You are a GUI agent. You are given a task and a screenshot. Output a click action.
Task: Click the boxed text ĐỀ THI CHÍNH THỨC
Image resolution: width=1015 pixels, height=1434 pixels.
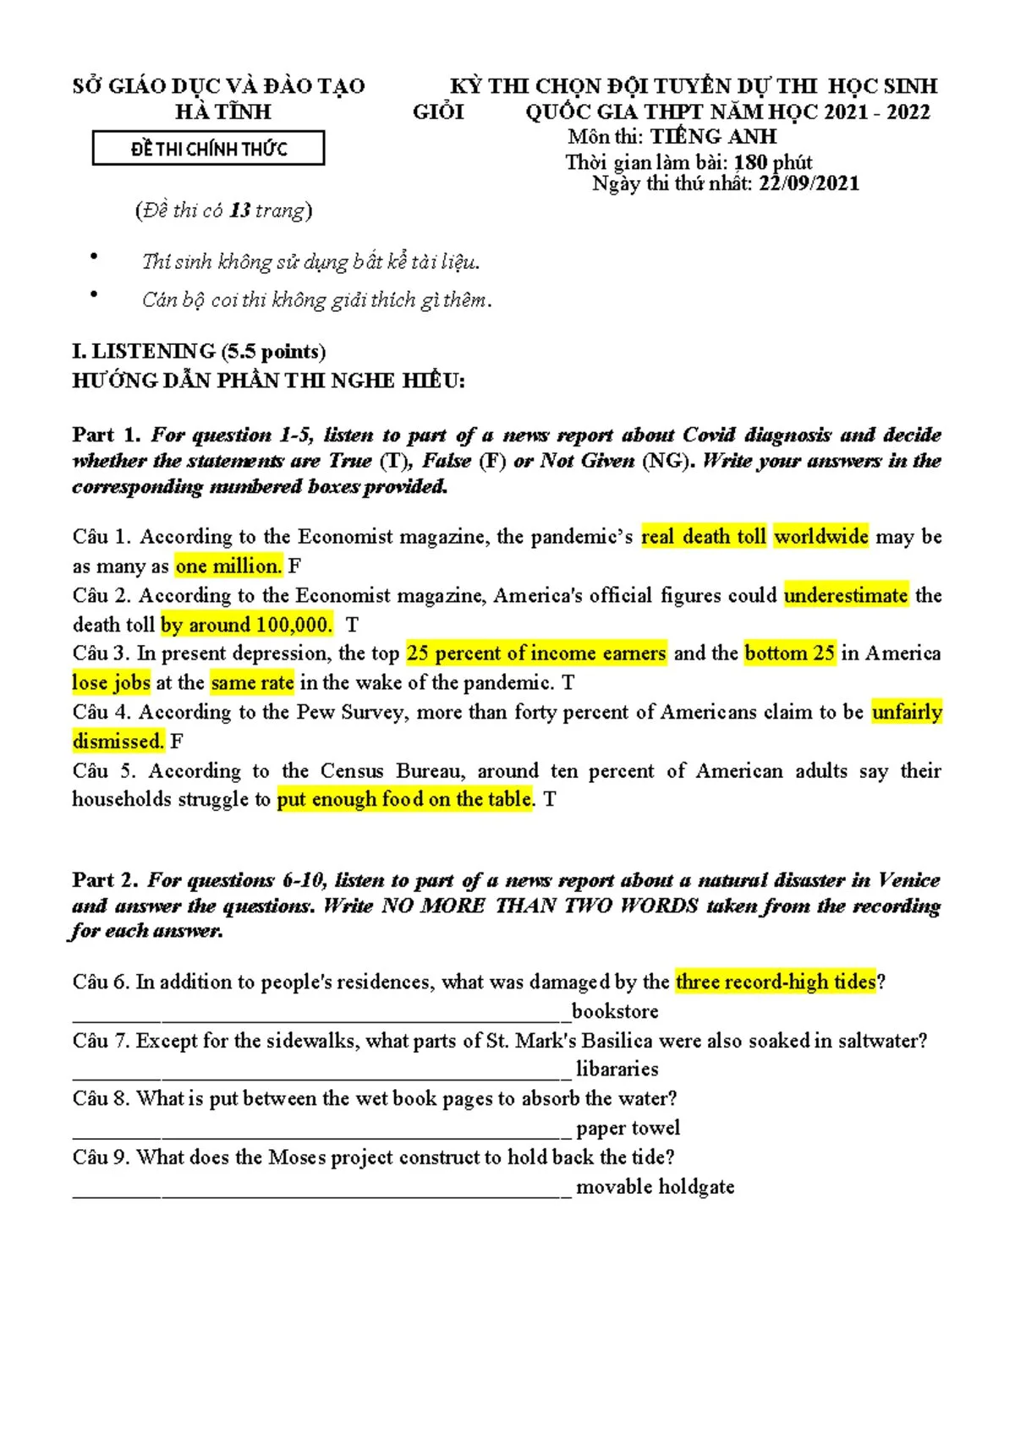[x=208, y=149]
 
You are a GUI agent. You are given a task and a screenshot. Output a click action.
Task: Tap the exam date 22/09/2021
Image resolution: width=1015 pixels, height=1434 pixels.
[x=809, y=183]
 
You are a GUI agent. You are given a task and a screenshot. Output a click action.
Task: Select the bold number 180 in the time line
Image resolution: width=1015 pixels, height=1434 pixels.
[x=750, y=162]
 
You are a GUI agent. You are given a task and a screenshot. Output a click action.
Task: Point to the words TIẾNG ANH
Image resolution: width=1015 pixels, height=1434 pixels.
[x=712, y=137]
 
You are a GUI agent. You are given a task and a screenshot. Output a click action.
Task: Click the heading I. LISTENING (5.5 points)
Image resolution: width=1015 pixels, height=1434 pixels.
[x=199, y=352]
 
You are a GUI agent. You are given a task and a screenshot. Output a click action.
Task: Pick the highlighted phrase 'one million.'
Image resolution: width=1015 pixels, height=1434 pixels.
[x=228, y=566]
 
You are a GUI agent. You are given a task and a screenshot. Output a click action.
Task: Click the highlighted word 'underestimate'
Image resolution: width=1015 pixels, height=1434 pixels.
[x=846, y=595]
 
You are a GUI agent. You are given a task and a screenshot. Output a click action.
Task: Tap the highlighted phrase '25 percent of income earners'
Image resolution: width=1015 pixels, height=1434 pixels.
[x=536, y=654]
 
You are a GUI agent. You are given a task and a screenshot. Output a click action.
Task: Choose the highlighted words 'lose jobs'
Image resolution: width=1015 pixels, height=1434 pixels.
[x=111, y=682]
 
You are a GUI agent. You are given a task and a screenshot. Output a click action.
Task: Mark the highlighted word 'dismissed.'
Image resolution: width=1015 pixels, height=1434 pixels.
[x=118, y=742]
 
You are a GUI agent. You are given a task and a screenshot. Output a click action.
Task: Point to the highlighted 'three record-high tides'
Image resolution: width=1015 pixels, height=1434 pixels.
[x=776, y=982]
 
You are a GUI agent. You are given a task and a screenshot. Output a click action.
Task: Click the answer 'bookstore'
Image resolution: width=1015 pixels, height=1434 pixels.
[x=615, y=1011]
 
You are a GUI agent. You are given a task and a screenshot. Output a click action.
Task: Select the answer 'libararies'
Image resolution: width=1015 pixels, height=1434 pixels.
[x=617, y=1069]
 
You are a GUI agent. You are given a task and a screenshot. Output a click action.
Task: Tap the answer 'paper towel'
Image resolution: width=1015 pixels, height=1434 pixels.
[x=628, y=1128]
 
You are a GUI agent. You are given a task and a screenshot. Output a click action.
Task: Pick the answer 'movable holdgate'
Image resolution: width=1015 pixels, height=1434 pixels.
[x=655, y=1187]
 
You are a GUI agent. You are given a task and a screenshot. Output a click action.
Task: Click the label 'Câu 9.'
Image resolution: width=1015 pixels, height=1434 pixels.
[x=101, y=1157]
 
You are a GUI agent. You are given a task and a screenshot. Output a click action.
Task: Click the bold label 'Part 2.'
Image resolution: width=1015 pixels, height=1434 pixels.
[x=106, y=880]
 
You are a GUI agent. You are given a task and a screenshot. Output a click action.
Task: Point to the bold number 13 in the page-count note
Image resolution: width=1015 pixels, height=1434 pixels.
[x=239, y=211]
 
